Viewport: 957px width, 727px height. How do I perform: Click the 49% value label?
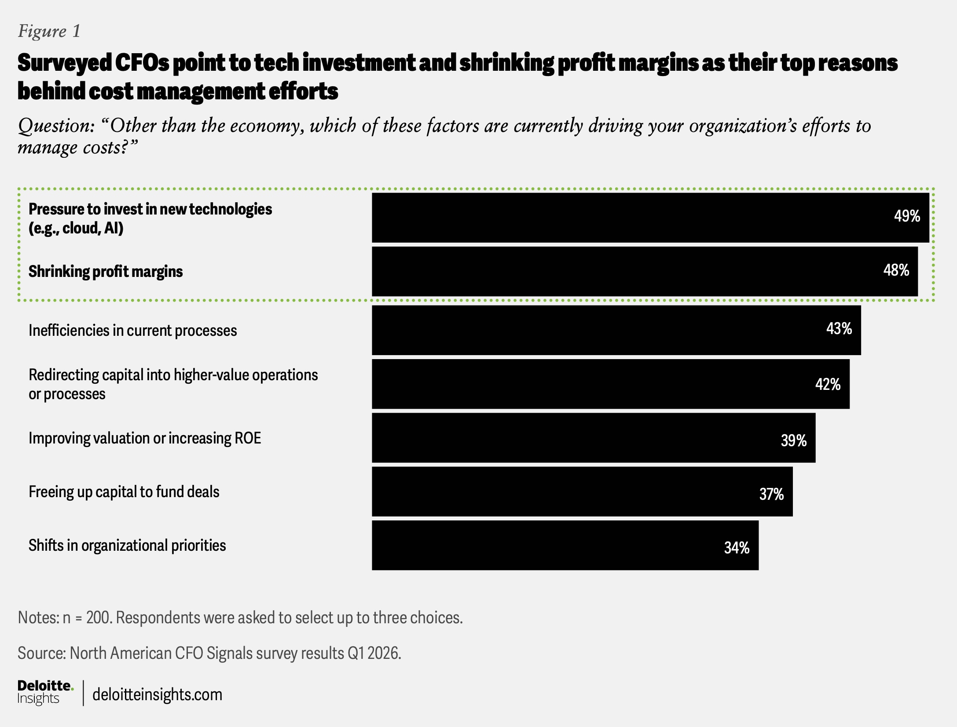(907, 216)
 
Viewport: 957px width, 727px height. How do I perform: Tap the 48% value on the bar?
(896, 270)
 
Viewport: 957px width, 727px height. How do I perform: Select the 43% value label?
(839, 328)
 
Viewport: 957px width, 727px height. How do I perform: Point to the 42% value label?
(828, 384)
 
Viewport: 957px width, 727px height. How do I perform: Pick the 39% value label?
(793, 440)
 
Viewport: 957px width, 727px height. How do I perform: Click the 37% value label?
(771, 494)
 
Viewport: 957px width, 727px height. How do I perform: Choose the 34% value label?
(737, 548)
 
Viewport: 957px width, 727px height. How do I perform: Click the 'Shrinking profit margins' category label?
(106, 272)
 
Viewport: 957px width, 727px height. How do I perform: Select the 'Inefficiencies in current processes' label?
(132, 331)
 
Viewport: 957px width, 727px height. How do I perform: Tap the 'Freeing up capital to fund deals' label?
(124, 492)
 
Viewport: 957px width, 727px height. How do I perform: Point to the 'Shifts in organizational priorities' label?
(127, 545)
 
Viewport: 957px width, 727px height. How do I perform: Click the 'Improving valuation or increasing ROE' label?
(145, 438)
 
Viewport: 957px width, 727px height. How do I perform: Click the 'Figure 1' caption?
(49, 31)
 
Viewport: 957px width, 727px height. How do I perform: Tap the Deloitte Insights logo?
(45, 692)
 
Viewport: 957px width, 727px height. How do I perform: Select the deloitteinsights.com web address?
(157, 695)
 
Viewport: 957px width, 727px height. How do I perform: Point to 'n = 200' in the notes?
(88, 618)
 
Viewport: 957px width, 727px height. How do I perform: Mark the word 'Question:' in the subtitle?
(56, 126)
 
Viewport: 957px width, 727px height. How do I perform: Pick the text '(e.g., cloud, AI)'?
(76, 228)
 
